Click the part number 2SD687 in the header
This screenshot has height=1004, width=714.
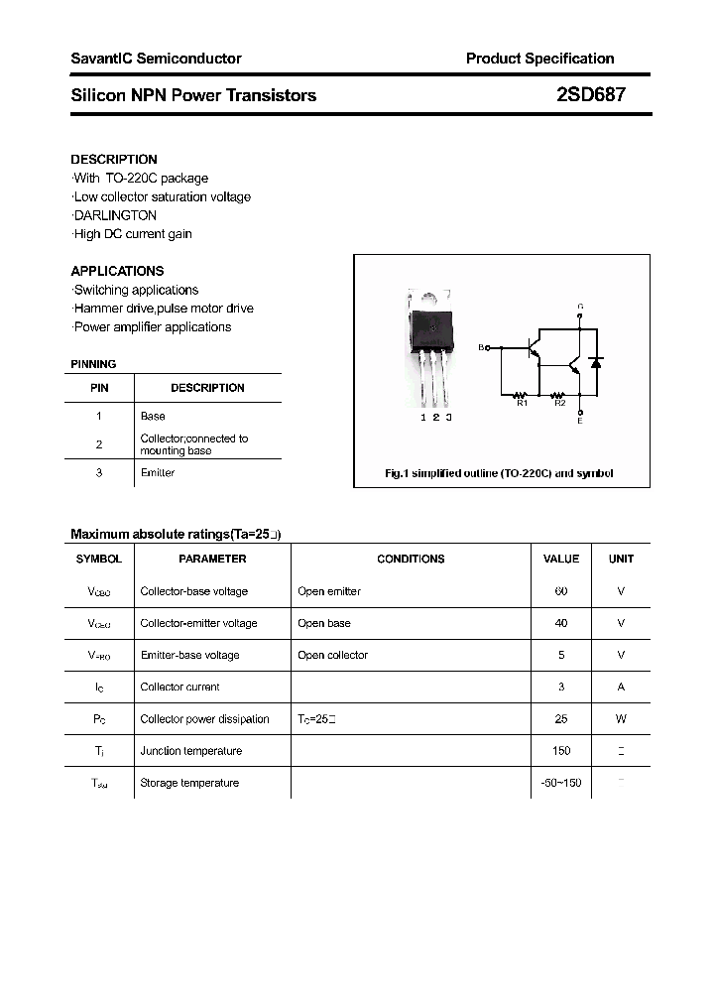[x=590, y=95]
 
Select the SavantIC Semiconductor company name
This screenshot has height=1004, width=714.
[x=156, y=59]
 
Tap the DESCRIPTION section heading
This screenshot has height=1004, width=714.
[x=114, y=159]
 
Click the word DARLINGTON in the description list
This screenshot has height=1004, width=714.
[x=115, y=215]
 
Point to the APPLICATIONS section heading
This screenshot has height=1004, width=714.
[x=117, y=271]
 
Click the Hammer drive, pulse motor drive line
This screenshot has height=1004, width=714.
[x=164, y=309]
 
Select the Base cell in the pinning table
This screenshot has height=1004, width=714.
[x=153, y=417]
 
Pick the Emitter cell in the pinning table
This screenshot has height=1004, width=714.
[x=158, y=473]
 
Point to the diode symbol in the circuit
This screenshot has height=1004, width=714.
[x=596, y=363]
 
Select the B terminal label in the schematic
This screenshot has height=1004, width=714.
[x=481, y=347]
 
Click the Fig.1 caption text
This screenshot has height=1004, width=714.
[x=499, y=474]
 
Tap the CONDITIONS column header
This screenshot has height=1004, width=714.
[x=411, y=559]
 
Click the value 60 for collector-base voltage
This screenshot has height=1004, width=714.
[x=561, y=591]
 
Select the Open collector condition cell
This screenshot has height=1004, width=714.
[x=332, y=655]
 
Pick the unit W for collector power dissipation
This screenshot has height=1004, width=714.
[x=621, y=719]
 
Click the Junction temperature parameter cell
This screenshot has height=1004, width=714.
[x=190, y=751]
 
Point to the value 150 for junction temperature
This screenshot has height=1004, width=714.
[x=561, y=751]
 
